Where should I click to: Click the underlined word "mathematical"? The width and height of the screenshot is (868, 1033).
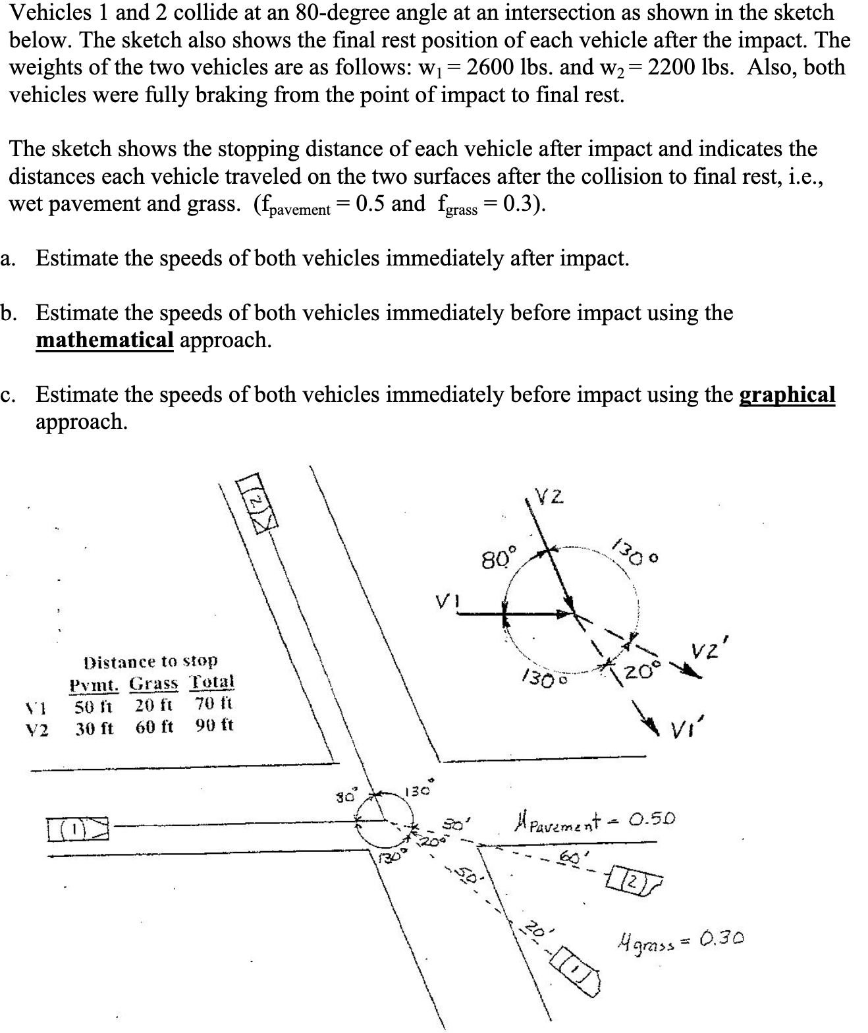coord(104,340)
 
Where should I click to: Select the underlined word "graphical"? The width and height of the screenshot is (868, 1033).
coord(788,395)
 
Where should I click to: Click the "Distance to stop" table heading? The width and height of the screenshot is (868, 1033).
coord(151,661)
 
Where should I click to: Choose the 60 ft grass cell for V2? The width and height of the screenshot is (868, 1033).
coord(155,727)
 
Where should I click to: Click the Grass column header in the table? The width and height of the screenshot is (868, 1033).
coord(153,683)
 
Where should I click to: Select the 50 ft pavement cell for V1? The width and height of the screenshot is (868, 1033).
coord(94,706)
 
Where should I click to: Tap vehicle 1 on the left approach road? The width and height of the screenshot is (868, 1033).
coord(77,825)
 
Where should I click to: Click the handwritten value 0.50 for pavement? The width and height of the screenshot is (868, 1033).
coord(651,820)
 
